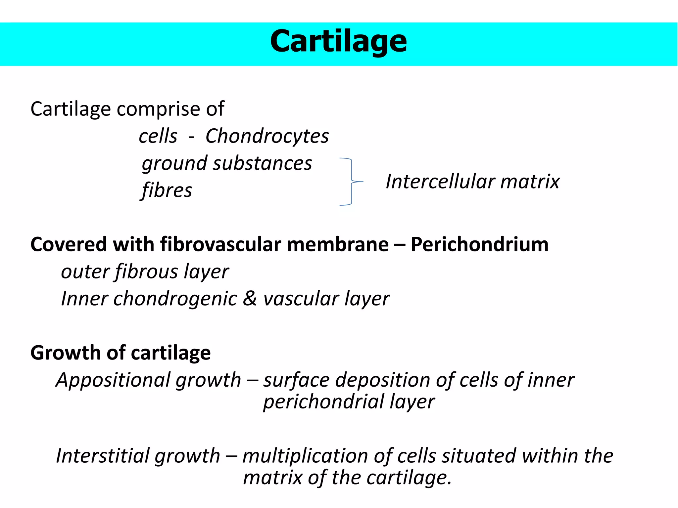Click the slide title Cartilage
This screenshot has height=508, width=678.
[338, 42]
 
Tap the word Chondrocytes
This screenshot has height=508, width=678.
[267, 136]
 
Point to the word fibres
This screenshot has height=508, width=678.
[167, 190]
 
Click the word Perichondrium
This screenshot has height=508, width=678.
[479, 244]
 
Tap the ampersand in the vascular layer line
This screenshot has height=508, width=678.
[250, 298]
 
